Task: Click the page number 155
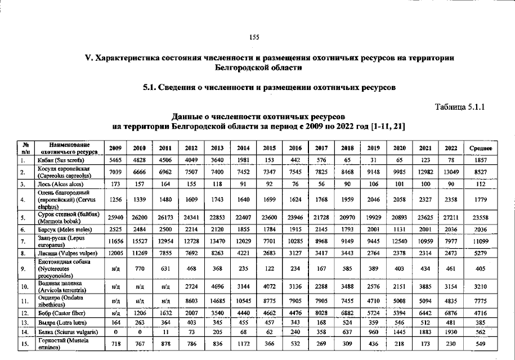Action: (254, 38)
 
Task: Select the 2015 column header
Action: (269, 148)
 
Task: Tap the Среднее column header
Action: (480, 148)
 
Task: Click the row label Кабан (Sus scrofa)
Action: (62, 160)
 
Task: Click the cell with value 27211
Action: (451, 218)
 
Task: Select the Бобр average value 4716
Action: (480, 311)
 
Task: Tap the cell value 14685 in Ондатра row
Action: (217, 301)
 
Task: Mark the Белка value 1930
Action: (451, 332)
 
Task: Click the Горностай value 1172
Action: (243, 343)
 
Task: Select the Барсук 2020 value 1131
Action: (399, 229)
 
